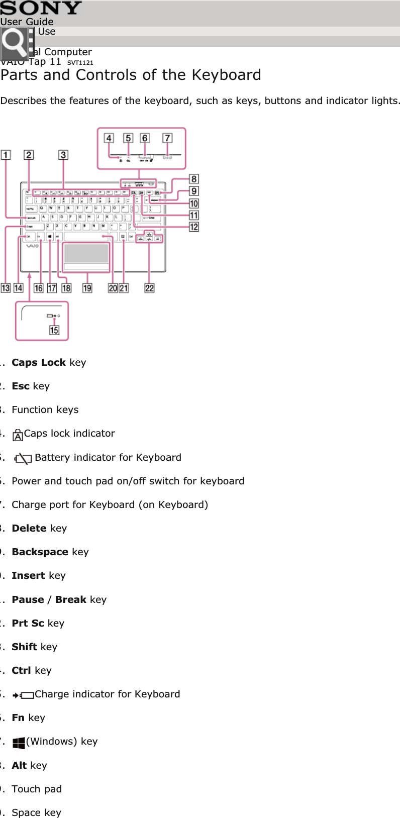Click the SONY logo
[x=41, y=8]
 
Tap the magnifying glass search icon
[x=15, y=44]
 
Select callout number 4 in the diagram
[x=109, y=138]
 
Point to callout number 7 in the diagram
[x=167, y=138]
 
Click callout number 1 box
[x=6, y=155]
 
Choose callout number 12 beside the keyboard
[x=194, y=227]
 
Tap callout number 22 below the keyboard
[x=149, y=288]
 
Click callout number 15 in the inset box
[x=54, y=330]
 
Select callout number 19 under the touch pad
[x=87, y=288]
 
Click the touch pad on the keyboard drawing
[x=86, y=254]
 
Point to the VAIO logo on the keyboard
[x=33, y=246]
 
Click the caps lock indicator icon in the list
[x=18, y=435]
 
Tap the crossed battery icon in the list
[x=23, y=458]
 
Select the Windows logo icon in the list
[x=19, y=743]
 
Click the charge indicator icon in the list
[x=23, y=695]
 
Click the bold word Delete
[x=29, y=528]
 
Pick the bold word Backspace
[x=40, y=552]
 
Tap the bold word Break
[x=71, y=599]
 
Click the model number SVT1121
[x=80, y=63]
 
